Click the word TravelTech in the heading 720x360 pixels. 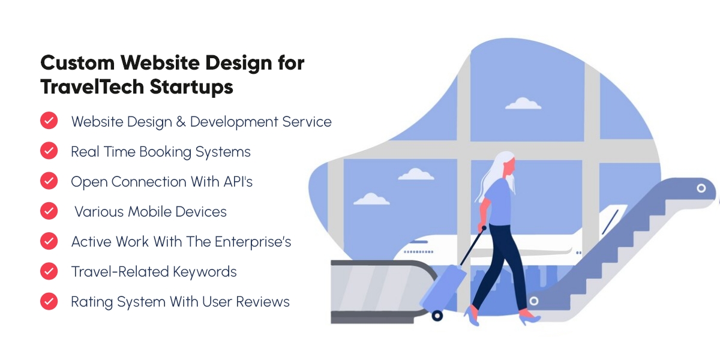[x=92, y=87]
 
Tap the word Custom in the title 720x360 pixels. [x=77, y=62]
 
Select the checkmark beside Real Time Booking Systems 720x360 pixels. [x=49, y=151]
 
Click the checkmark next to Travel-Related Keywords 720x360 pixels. [x=49, y=271]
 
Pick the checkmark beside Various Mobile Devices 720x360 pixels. [x=49, y=211]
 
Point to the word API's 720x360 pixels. [x=238, y=182]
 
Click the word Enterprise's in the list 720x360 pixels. [x=253, y=242]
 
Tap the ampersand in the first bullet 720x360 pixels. [x=181, y=122]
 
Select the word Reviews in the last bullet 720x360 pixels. [x=263, y=302]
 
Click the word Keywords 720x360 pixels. [x=205, y=272]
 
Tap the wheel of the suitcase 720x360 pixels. [x=437, y=316]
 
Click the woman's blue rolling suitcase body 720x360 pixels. [x=442, y=287]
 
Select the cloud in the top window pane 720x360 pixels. [x=523, y=103]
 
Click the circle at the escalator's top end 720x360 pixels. [x=701, y=188]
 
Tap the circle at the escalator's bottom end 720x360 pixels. [x=534, y=301]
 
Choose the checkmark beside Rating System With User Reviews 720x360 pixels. [x=49, y=301]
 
